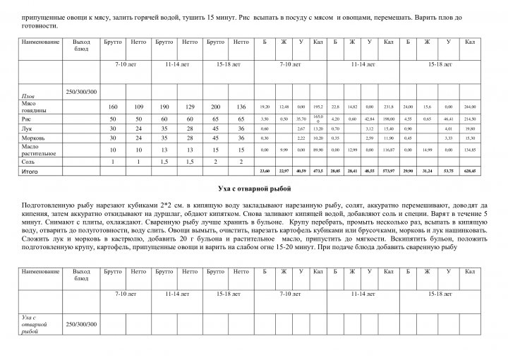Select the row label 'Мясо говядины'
tap(35, 107)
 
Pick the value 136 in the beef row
tap(241, 107)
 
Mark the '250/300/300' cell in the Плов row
tap(81, 92)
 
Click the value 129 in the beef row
tap(189, 107)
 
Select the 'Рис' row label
tap(28, 119)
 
